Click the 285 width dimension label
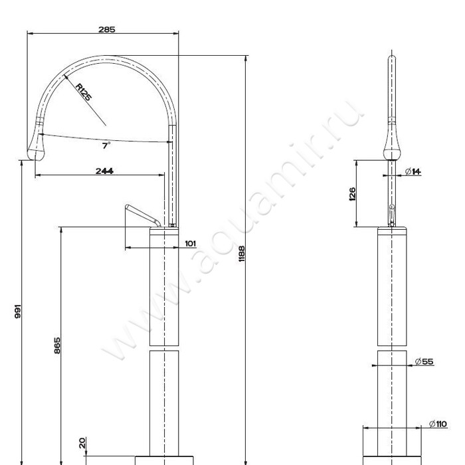click(x=107, y=29)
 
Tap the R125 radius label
click(x=83, y=92)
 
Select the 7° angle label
click(x=106, y=145)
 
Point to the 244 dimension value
click(x=104, y=171)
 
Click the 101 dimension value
click(x=191, y=244)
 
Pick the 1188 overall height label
click(x=242, y=254)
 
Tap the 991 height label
click(x=18, y=311)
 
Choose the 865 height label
click(x=57, y=345)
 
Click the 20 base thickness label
click(x=82, y=443)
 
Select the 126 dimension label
click(x=352, y=194)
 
